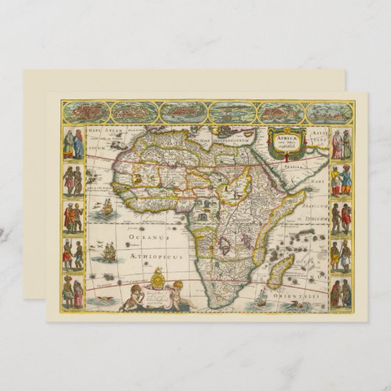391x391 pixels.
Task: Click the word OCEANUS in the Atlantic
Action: click(x=147, y=238)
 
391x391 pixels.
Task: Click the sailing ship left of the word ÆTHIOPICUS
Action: click(x=108, y=253)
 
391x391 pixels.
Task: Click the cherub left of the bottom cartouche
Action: click(x=134, y=296)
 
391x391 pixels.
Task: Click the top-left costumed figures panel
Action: click(x=73, y=143)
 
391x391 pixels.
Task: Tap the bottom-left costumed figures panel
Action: click(x=73, y=292)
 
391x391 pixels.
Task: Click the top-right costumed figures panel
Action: click(x=342, y=144)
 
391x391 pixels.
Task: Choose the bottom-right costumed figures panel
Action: click(x=341, y=293)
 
